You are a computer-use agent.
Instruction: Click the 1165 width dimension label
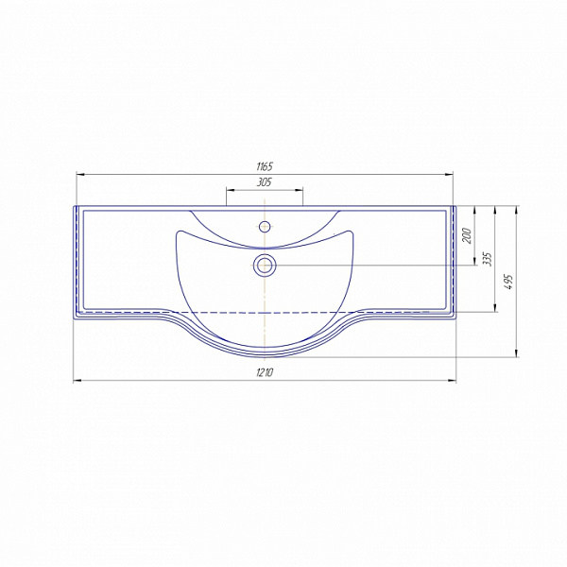265,166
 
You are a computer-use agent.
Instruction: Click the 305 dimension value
265,182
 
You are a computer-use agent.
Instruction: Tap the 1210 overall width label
265,372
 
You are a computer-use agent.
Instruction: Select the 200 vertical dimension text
467,235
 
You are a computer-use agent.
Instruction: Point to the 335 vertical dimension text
488,259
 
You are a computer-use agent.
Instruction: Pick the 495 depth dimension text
509,282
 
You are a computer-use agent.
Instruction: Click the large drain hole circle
265,265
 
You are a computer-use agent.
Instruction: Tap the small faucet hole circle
265,227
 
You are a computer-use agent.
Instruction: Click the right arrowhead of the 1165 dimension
449,175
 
